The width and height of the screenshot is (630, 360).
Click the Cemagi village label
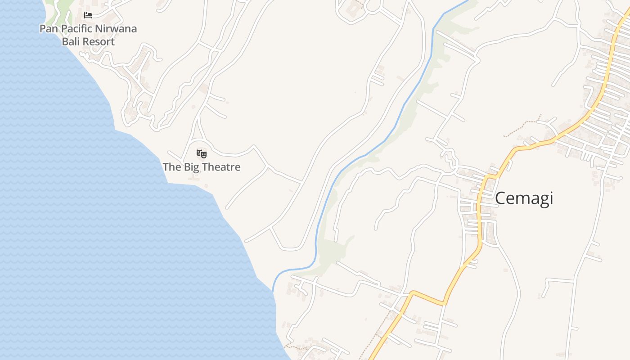[524, 198]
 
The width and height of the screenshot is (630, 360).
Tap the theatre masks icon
[201, 154]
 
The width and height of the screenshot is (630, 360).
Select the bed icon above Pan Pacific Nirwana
[88, 15]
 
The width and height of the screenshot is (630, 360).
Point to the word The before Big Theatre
[171, 167]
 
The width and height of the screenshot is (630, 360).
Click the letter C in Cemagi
[501, 198]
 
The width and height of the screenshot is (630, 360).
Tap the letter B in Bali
[65, 42]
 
